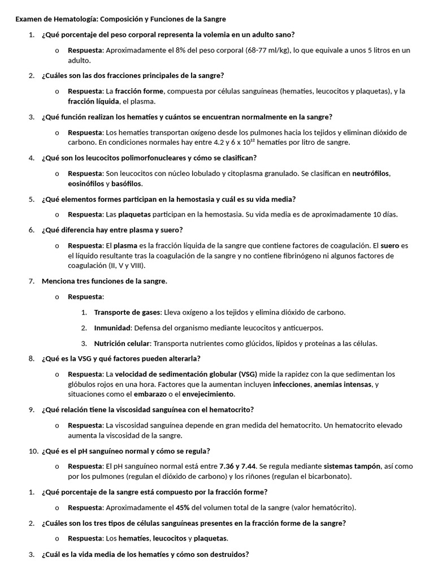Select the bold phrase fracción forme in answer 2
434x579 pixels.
139,91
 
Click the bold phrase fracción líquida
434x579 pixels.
93,101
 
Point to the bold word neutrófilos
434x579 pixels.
371,174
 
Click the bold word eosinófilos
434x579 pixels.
85,184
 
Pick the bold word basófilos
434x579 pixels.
127,184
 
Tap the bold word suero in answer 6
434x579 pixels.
389,245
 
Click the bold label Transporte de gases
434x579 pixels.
128,312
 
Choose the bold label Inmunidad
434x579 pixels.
112,328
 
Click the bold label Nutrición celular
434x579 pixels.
122,343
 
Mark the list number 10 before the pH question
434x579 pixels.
32,451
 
